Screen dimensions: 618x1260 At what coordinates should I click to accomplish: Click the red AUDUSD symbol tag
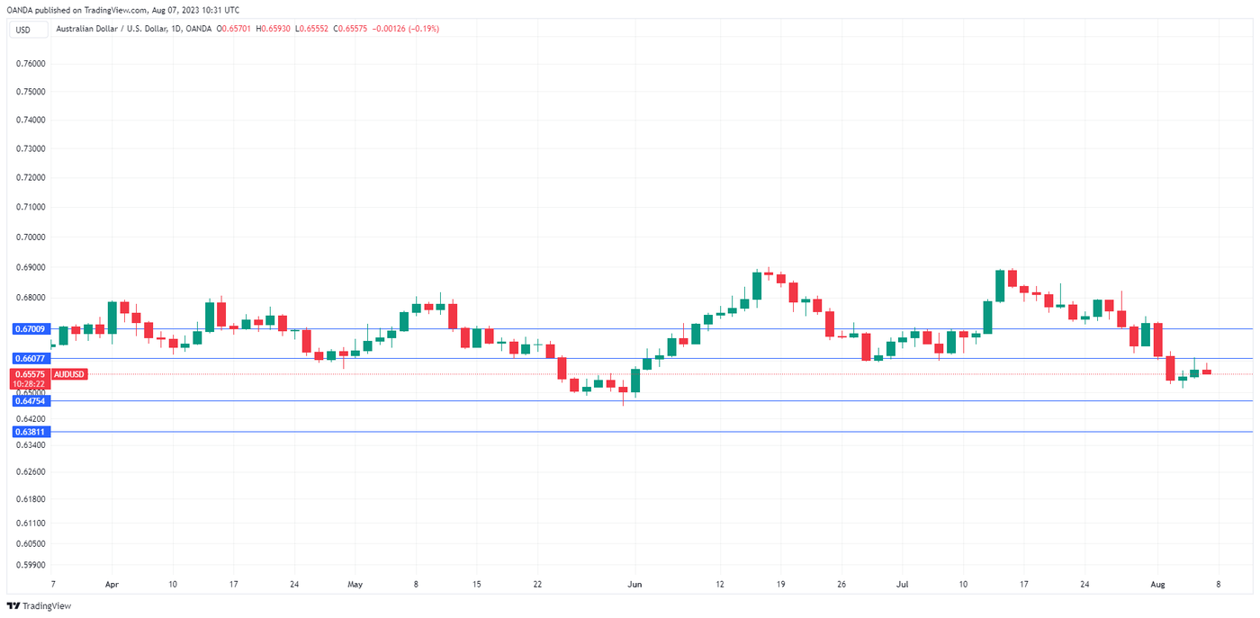tap(69, 373)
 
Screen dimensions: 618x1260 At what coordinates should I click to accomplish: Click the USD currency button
tap(22, 29)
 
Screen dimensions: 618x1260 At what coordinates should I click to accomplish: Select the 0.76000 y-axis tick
tap(31, 64)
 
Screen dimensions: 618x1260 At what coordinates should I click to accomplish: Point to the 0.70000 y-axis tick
tap(31, 237)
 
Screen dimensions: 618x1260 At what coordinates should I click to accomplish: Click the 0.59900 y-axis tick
tap(31, 565)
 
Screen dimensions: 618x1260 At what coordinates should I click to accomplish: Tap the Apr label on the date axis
tap(112, 584)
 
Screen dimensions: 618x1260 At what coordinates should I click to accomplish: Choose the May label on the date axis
tap(355, 584)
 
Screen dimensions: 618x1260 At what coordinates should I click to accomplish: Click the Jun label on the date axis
tap(634, 584)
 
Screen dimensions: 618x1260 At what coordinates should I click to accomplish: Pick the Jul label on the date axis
tap(903, 584)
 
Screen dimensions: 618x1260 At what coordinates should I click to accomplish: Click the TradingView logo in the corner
tap(40, 605)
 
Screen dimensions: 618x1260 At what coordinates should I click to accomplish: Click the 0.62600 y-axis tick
tap(31, 471)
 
